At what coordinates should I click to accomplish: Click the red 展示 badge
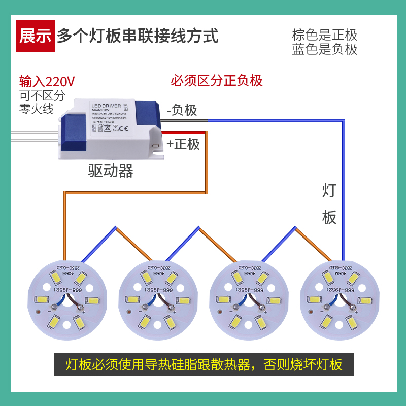(36, 36)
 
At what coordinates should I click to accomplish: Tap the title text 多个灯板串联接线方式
(138, 36)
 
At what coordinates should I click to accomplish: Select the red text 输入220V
(47, 81)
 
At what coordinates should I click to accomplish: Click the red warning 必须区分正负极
(216, 81)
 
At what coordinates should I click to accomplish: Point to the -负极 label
(182, 110)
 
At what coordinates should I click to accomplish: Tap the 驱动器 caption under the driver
(111, 171)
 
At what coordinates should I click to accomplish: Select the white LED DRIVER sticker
(108, 118)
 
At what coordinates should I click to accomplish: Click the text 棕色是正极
(325, 36)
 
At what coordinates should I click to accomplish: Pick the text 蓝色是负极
(325, 49)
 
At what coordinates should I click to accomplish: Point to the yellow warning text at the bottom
(204, 364)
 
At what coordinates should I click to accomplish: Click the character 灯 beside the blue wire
(329, 191)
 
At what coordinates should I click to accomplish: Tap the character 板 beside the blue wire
(329, 217)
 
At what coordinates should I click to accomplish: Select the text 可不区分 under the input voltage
(42, 95)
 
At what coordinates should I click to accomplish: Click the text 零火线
(36, 108)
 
